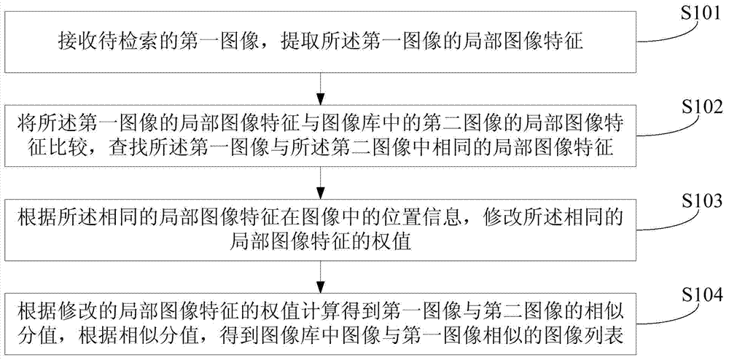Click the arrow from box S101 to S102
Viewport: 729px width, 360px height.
pyautogui.click(x=320, y=89)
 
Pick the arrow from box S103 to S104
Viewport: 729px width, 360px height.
pyautogui.click(x=320, y=276)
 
